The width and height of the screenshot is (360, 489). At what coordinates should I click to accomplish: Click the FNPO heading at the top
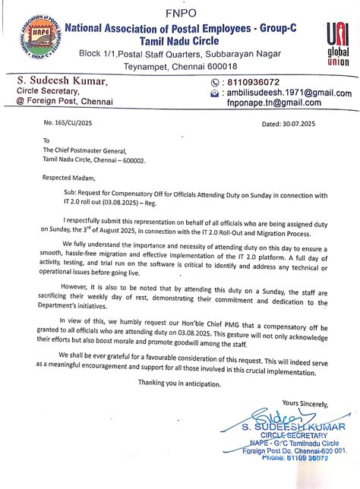point(180,13)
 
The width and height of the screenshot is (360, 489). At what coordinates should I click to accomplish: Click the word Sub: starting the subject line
point(71,194)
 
